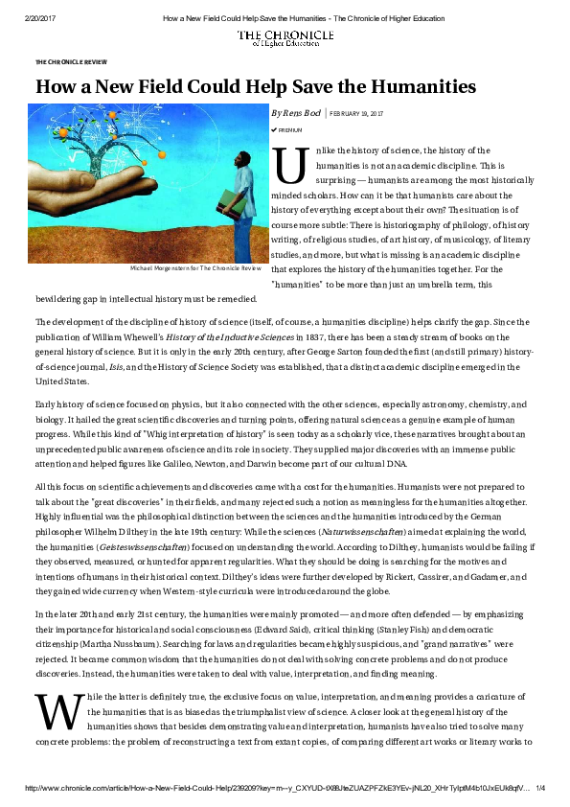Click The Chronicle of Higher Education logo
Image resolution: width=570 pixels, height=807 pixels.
285,37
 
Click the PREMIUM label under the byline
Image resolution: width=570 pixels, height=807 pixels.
289,128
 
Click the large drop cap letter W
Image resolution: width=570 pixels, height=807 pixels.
49,709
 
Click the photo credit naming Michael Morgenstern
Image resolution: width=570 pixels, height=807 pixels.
195,269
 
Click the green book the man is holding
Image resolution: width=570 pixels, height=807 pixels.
225,200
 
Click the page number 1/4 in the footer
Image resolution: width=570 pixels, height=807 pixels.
539,788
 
